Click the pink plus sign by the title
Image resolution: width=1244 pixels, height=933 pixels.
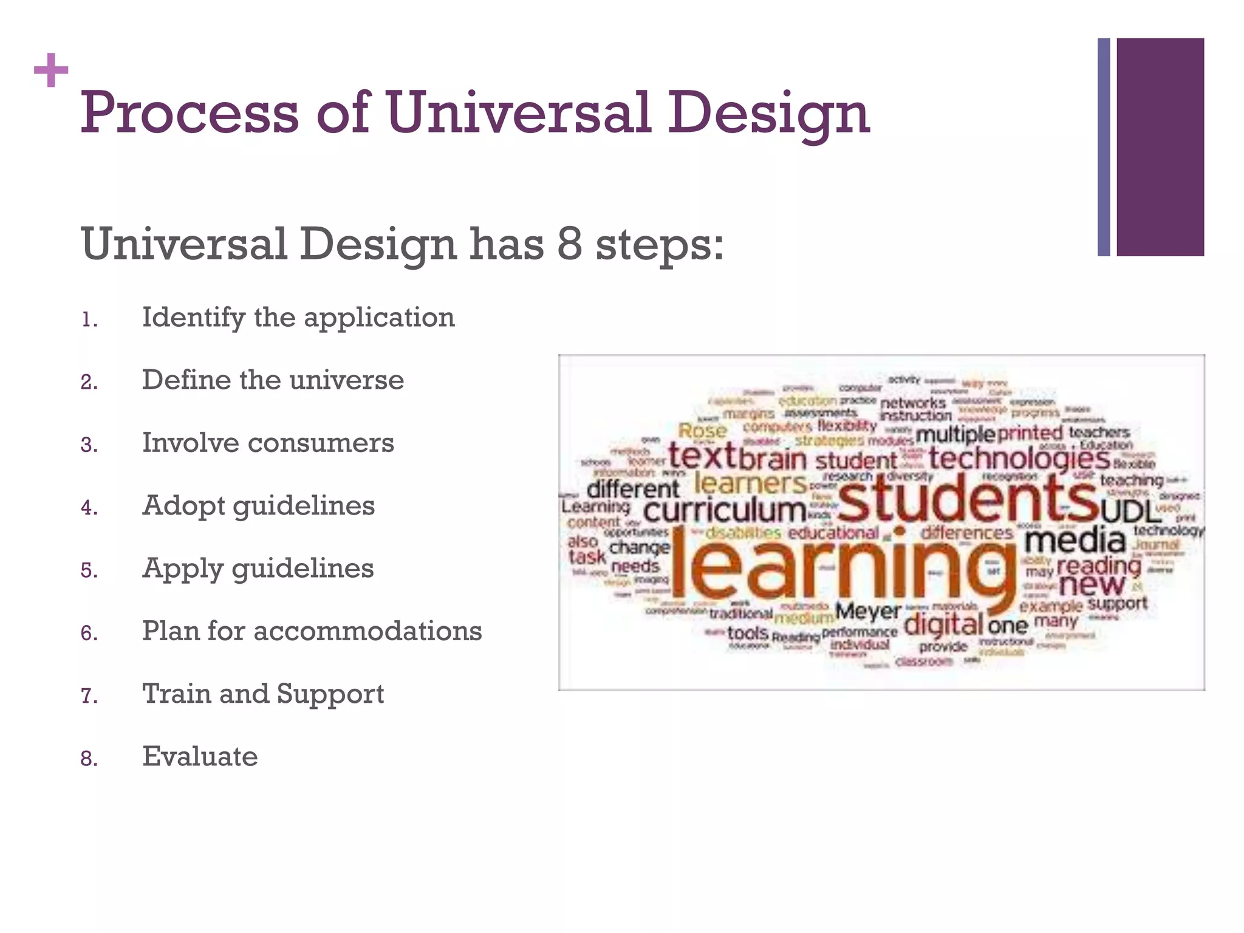51,70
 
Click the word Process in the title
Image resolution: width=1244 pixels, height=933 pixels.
189,113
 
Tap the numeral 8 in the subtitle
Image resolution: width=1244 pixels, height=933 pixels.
569,244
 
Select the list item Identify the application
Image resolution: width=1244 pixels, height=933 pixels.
298,318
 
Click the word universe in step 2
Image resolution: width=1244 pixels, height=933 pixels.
346,380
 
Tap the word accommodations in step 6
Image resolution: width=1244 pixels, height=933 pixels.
367,631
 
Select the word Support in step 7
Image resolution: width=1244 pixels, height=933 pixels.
330,694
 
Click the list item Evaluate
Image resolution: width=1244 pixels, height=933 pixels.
200,757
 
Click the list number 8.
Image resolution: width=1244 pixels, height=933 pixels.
89,759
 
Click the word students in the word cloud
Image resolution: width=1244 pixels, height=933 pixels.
966,498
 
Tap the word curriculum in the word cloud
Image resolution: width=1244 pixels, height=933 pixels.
724,510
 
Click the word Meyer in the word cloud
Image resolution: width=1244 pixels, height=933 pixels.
867,611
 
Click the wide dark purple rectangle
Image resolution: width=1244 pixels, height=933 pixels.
1160,147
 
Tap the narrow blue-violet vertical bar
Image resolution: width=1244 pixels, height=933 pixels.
1104,147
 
